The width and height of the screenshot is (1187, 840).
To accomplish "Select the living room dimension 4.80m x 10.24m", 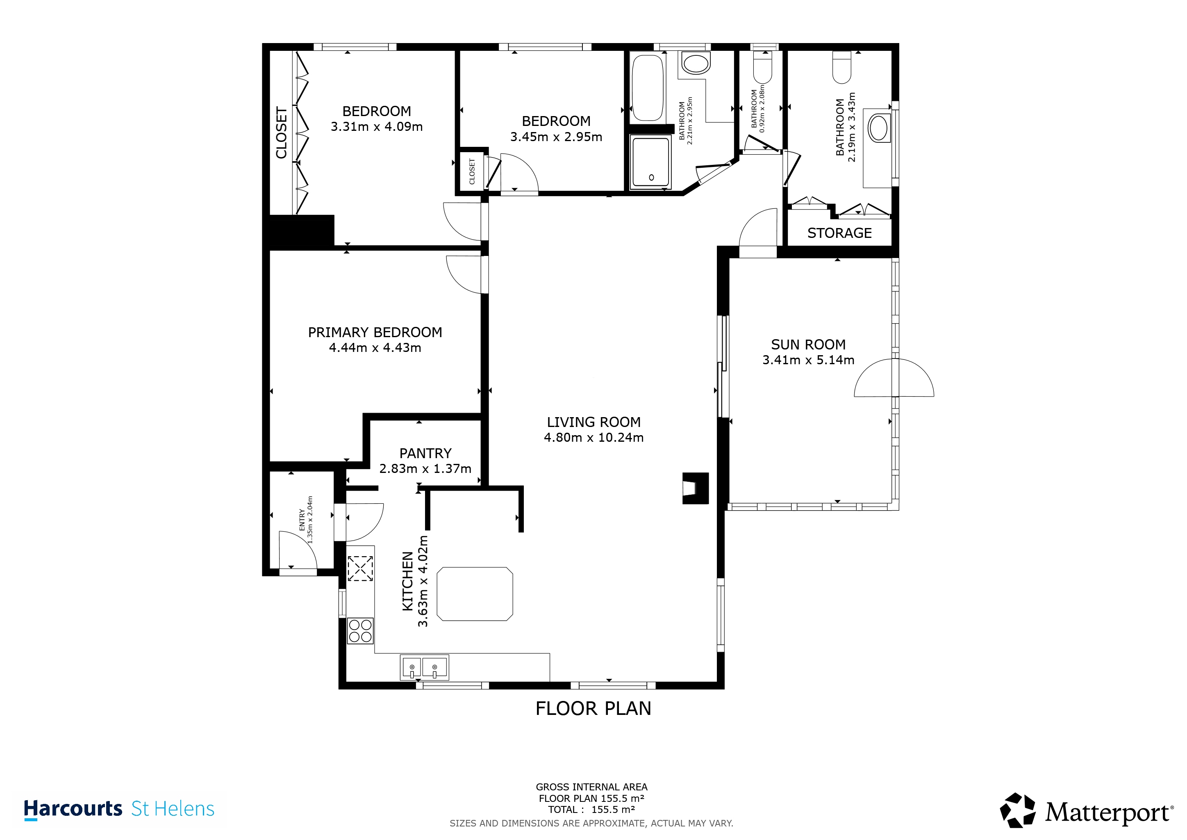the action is click(593, 438).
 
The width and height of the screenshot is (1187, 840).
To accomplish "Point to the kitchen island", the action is click(475, 594).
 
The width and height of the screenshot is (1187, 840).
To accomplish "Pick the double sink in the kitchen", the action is click(424, 667).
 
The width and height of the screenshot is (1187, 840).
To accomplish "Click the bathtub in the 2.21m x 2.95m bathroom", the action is click(647, 87).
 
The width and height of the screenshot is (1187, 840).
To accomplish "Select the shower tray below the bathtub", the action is click(650, 162).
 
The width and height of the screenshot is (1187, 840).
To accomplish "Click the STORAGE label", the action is click(839, 233).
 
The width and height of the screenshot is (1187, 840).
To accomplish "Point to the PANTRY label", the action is click(425, 454).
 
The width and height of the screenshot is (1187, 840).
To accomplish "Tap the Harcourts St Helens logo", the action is click(119, 809).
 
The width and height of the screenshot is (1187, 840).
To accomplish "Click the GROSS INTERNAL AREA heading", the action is click(591, 787).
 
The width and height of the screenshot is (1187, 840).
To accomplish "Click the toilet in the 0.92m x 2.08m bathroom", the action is click(762, 67).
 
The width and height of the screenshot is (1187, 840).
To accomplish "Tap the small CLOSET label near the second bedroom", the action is click(471, 171).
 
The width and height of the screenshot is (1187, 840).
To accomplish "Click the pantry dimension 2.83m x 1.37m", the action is click(425, 469).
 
